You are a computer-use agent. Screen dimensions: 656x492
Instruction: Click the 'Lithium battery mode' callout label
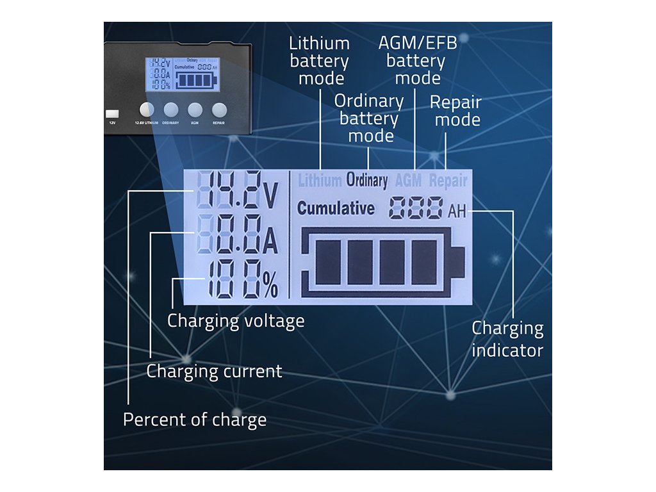[319, 61]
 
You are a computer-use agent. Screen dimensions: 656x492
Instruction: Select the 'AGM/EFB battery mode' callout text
[415, 61]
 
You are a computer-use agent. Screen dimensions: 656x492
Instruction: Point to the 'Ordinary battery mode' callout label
[369, 119]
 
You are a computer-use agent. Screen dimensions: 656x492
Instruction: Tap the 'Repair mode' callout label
[455, 111]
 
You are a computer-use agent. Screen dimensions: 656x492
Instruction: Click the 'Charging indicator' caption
[507, 339]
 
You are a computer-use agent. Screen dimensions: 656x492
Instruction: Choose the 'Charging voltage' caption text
[236, 320]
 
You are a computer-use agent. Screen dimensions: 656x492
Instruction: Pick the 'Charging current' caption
[214, 371]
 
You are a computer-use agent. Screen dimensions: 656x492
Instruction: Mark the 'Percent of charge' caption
[195, 420]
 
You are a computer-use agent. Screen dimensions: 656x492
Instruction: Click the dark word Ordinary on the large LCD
[367, 181]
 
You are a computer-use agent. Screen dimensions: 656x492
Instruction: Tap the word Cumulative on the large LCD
[336, 208]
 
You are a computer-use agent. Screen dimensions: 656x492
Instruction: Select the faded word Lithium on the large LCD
[320, 181]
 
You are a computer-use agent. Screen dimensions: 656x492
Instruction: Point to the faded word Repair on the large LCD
[448, 181]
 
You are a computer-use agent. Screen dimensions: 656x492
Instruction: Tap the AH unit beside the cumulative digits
[457, 210]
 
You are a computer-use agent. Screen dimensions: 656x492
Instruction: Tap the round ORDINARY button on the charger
[170, 110]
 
